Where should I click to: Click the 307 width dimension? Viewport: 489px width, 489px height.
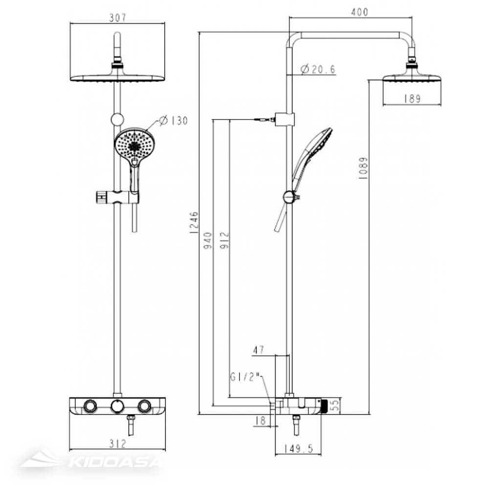[x=118, y=18]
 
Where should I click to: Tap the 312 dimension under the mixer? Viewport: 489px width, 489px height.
[x=118, y=444]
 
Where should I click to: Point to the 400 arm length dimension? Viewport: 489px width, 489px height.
[x=359, y=12]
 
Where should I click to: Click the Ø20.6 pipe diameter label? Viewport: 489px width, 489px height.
[x=318, y=69]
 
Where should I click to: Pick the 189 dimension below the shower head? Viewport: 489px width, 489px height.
[x=412, y=99]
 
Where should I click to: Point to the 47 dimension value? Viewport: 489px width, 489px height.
[x=258, y=350]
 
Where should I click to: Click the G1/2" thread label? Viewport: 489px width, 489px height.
[x=247, y=377]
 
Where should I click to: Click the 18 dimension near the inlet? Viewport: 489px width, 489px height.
[x=260, y=420]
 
